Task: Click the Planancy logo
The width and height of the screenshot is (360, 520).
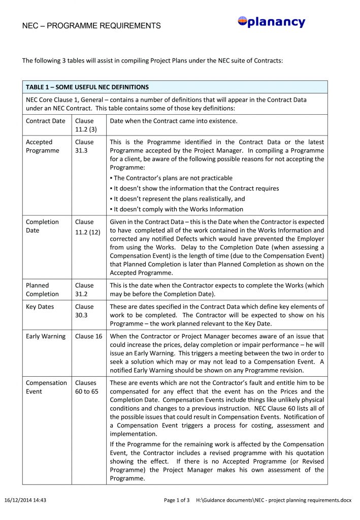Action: (x=271, y=22)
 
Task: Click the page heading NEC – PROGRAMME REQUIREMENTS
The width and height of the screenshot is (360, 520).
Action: (x=91, y=25)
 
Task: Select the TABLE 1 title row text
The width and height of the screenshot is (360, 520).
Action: (x=87, y=87)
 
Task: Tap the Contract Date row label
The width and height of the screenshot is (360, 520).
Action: (x=46, y=121)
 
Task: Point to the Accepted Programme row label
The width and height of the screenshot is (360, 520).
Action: (x=42, y=146)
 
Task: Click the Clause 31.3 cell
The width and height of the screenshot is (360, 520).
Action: (x=84, y=146)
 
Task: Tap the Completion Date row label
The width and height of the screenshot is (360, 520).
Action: (x=42, y=226)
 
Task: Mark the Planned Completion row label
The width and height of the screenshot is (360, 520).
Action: (x=42, y=289)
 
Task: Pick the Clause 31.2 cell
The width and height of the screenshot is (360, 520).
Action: (x=84, y=289)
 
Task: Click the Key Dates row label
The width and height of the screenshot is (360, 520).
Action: (x=40, y=307)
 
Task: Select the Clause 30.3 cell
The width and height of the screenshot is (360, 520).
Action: (x=84, y=311)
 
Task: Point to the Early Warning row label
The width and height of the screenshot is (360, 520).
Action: (x=46, y=336)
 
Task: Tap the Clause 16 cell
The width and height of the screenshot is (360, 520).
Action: (x=88, y=336)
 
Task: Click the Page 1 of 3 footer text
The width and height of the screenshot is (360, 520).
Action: (x=177, y=500)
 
